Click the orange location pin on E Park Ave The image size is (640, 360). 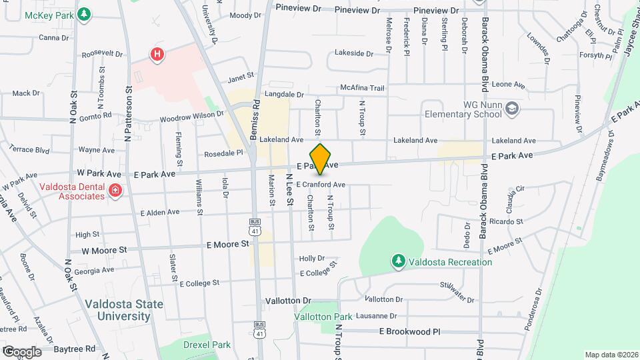[321, 159]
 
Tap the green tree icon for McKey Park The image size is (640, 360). [83, 15]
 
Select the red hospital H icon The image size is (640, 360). [157, 54]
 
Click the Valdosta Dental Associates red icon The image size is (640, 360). [115, 191]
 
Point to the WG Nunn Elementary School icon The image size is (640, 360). [512, 109]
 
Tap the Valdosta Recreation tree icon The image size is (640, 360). [398, 261]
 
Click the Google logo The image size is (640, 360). [21, 351]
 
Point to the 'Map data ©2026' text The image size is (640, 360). [611, 355]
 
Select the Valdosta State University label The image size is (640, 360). [123, 310]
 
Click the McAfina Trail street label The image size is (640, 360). [363, 87]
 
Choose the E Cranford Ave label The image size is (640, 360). [321, 185]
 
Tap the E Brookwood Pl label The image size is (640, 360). [410, 331]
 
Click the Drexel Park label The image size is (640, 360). [207, 345]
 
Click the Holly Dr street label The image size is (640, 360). [311, 258]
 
